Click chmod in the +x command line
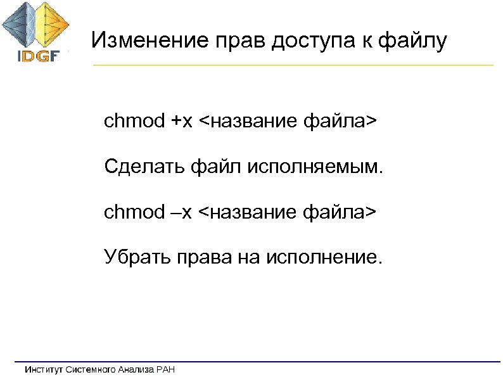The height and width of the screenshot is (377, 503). tap(134, 120)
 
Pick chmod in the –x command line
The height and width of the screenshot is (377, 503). tap(134, 212)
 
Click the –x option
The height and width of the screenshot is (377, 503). tap(181, 212)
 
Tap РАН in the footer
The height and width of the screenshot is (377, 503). tap(164, 369)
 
